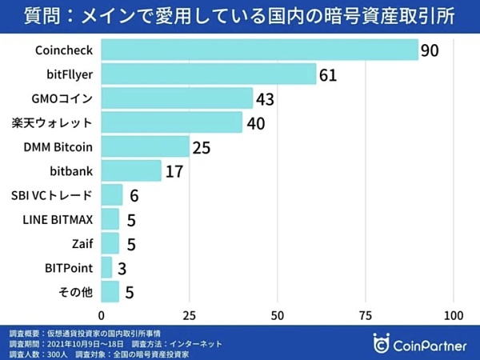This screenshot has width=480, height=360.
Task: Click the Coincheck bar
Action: coord(260,50)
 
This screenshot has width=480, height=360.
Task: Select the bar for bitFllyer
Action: coord(209,74)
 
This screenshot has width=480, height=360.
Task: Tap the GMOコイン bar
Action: coord(177,98)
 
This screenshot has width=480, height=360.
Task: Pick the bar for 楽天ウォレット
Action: coord(172,122)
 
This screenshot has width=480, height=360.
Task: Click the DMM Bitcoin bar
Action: coord(146,146)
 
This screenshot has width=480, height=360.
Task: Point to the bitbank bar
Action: coord(131,170)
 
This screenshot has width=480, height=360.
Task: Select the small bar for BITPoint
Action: coord(107,267)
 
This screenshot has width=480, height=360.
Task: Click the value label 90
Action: coord(430,50)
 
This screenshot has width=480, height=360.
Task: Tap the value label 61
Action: coord(328,75)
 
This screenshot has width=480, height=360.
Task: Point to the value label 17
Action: coord(174,171)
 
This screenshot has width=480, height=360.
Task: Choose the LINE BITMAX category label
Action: coord(54,219)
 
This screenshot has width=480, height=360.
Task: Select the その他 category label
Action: coord(76,291)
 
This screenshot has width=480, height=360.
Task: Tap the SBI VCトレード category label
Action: coord(52,195)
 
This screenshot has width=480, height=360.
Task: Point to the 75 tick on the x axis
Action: coord(366,314)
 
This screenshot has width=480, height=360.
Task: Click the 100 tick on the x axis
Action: coord(454,314)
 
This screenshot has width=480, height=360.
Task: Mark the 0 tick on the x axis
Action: coord(102,314)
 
